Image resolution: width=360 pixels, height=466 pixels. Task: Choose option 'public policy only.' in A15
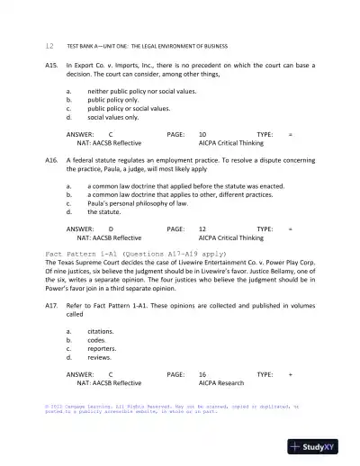(114, 99)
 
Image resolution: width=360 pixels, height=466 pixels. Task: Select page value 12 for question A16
(202, 229)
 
